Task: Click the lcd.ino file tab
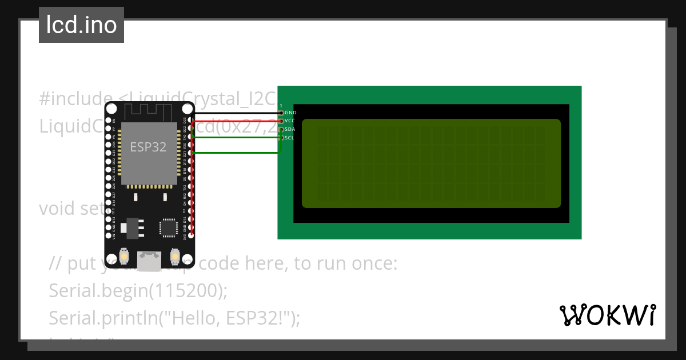pyautogui.click(x=81, y=25)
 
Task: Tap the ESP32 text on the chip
pyautogui.click(x=148, y=147)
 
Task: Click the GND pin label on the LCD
pyautogui.click(x=290, y=113)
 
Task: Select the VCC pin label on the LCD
pyautogui.click(x=290, y=121)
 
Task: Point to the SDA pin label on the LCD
pyautogui.click(x=290, y=130)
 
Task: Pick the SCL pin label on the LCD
pyautogui.click(x=289, y=138)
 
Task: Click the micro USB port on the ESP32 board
pyautogui.click(x=149, y=261)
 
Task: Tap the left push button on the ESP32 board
pyautogui.click(x=123, y=258)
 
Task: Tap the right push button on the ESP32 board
pyautogui.click(x=175, y=258)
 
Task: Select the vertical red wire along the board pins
pyautogui.click(x=193, y=183)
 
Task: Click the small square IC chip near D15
pyautogui.click(x=169, y=227)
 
